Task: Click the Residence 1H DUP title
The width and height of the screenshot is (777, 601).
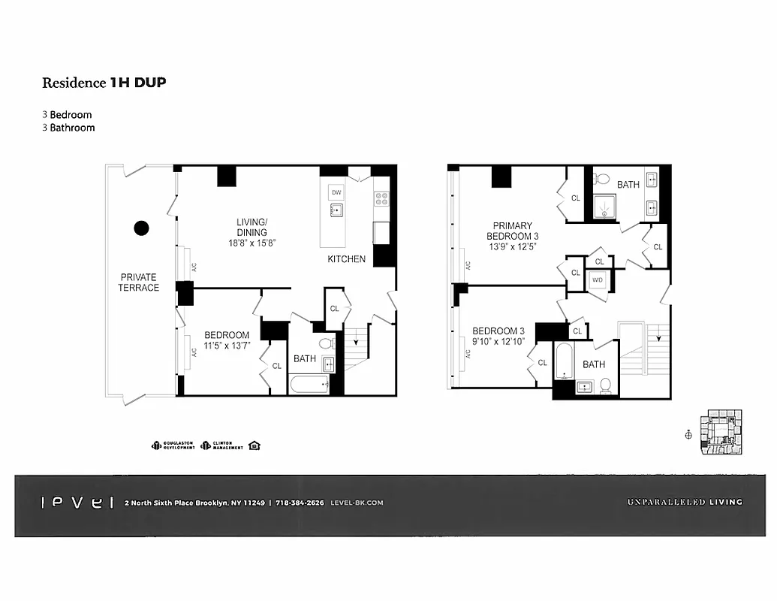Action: pos(104,83)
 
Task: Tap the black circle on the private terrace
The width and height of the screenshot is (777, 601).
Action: pos(140,228)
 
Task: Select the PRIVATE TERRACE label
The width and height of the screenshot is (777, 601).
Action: pos(138,282)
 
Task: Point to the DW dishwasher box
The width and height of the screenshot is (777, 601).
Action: pos(336,192)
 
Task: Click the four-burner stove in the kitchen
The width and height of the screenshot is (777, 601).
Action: pos(381,198)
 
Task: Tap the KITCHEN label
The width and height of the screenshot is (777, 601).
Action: pos(346,259)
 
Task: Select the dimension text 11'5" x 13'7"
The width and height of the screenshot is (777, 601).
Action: pos(227,346)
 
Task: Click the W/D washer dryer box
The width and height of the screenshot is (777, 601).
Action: pos(598,280)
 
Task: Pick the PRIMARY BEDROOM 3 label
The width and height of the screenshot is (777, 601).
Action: pos(512,231)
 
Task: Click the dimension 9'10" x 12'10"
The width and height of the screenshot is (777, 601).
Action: pos(498,342)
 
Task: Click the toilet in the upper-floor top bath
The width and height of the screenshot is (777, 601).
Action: pos(601,179)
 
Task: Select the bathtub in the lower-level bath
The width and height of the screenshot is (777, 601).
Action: pos(309,385)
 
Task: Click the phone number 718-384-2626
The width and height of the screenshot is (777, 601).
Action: pos(300,503)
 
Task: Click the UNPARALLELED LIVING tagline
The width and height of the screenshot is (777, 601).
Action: pos(684,502)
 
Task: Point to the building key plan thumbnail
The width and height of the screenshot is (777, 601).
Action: pos(719,432)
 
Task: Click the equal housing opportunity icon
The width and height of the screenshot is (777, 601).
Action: pos(254,445)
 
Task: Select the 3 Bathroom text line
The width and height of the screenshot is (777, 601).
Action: pos(68,128)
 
